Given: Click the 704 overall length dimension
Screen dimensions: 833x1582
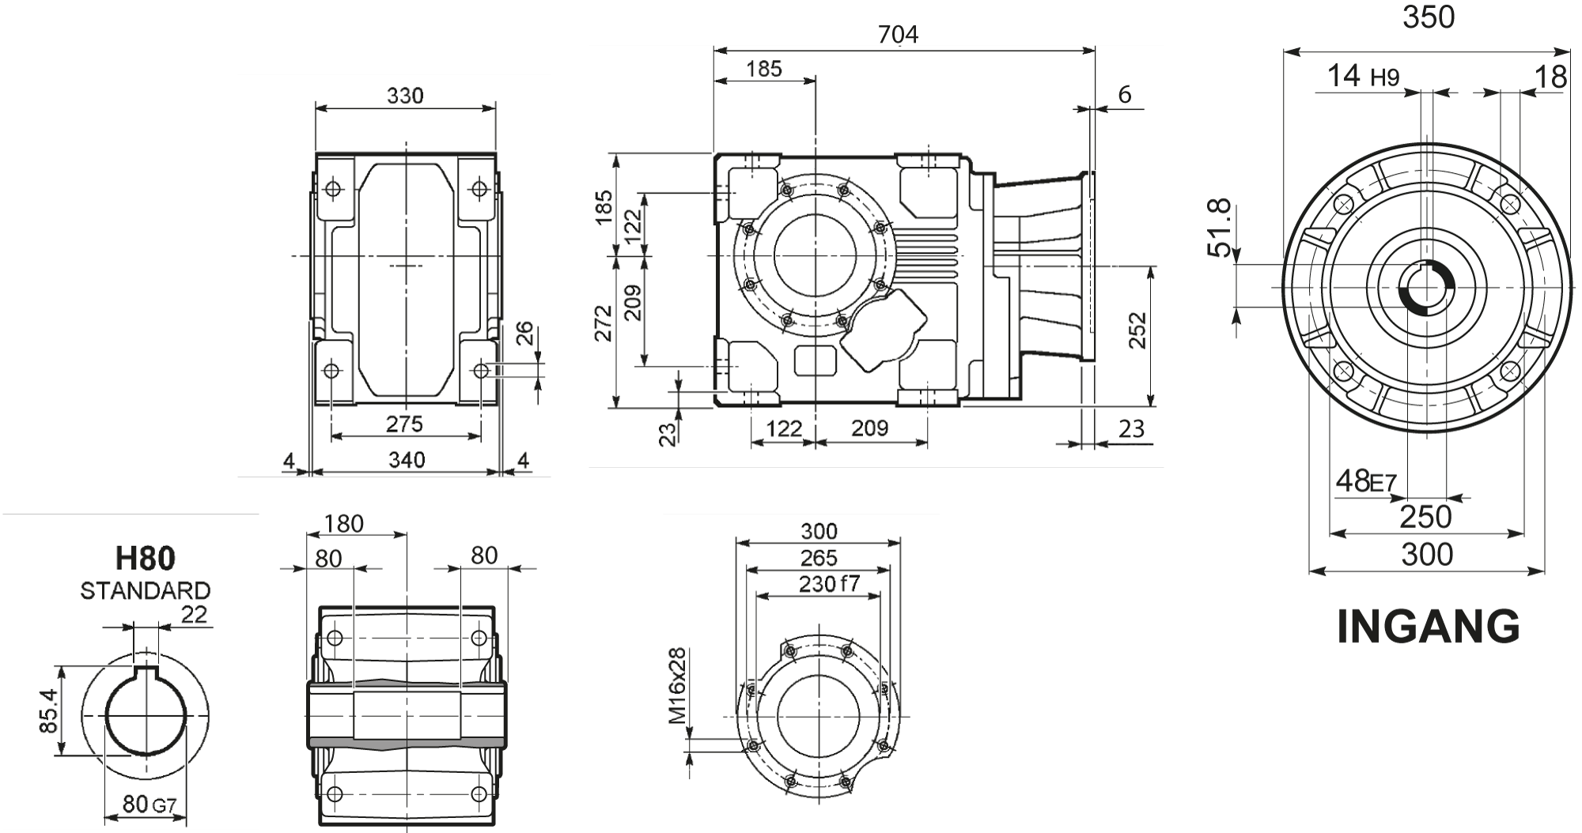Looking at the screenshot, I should coord(898,35).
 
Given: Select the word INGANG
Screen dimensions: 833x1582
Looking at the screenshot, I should coord(1428,627).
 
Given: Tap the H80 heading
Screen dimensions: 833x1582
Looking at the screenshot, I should coord(145,559).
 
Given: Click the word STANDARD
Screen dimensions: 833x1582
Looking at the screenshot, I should coord(146,590).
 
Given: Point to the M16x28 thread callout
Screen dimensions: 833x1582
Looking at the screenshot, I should coord(677,686).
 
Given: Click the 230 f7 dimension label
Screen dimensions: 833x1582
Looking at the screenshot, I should coord(828,584).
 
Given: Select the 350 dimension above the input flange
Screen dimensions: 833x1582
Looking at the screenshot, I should coord(1429,17).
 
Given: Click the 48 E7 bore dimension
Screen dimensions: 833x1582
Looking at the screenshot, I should coord(1366,481).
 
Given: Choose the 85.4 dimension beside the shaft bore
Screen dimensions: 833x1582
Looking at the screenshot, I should coord(49,710).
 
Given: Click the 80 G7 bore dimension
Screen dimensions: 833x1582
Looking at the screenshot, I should coord(149,805).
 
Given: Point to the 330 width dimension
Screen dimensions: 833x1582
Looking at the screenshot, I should coord(405,96).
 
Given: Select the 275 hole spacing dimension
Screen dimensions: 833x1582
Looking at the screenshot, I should coord(404,424).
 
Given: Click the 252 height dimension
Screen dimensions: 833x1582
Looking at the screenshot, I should coord(1137,330).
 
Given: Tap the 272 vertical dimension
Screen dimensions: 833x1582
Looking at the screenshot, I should coord(604,322).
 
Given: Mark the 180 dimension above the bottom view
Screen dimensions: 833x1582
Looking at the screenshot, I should coord(344,523).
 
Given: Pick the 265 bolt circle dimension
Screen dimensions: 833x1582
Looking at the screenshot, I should coord(818,558).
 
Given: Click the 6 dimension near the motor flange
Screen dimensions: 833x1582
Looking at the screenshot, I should coord(1124,95).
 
